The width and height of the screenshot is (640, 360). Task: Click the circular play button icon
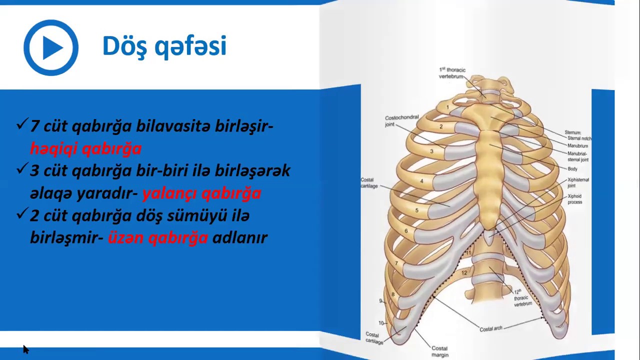(51, 47)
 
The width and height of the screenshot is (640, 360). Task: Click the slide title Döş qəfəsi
(164, 46)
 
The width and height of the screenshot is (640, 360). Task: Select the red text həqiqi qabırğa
(85, 148)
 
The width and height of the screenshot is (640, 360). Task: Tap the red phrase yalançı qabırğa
(201, 193)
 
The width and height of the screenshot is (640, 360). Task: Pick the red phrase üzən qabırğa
(157, 237)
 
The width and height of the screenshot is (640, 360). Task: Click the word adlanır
(240, 237)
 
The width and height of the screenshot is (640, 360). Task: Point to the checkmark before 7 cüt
(21, 124)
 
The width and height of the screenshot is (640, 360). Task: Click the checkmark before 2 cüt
(21, 214)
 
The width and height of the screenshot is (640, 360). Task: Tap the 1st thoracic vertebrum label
(452, 73)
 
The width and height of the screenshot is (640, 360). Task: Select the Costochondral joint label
(401, 121)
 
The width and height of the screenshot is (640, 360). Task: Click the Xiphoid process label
(574, 199)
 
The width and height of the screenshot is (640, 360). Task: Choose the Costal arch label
(490, 328)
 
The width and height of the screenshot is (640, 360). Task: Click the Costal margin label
(439, 351)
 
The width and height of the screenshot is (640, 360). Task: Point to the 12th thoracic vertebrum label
(522, 297)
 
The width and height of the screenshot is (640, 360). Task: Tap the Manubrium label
(577, 145)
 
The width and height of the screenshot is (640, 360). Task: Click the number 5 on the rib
(416, 210)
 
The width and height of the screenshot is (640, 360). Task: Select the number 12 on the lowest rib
(464, 273)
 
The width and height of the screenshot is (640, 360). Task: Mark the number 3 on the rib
(431, 151)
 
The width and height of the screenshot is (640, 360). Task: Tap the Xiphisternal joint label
(578, 182)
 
